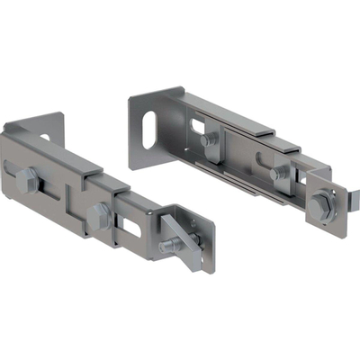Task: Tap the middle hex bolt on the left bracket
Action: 98,215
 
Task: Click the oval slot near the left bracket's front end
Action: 130,226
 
